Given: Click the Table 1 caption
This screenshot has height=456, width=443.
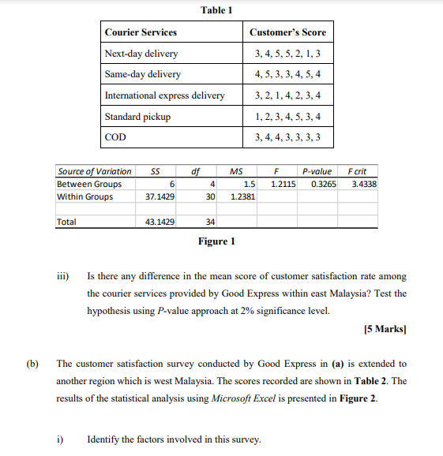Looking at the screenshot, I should [216, 9].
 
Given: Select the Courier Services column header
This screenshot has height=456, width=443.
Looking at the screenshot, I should [141, 32].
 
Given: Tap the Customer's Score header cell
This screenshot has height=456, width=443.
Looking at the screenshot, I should [287, 32].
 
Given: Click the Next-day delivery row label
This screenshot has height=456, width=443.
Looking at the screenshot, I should [141, 54].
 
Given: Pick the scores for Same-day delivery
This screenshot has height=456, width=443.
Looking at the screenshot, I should [287, 74].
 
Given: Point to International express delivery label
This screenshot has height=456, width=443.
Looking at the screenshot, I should [164, 95].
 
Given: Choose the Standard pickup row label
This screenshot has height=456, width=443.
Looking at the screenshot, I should [137, 117].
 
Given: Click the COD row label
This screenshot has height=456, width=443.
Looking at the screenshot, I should [115, 137].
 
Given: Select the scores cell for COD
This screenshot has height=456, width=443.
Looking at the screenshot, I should [287, 137].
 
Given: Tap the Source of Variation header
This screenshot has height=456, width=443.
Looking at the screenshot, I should [95, 171].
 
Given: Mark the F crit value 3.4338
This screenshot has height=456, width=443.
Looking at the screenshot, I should [363, 184].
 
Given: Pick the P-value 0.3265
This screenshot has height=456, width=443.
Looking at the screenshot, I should [324, 184].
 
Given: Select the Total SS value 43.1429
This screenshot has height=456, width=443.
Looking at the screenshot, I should [160, 222].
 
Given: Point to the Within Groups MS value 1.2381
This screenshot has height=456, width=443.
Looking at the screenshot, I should [242, 196].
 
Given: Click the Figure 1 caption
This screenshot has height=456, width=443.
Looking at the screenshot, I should [216, 241].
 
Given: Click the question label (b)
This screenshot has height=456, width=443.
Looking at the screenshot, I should [32, 364].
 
